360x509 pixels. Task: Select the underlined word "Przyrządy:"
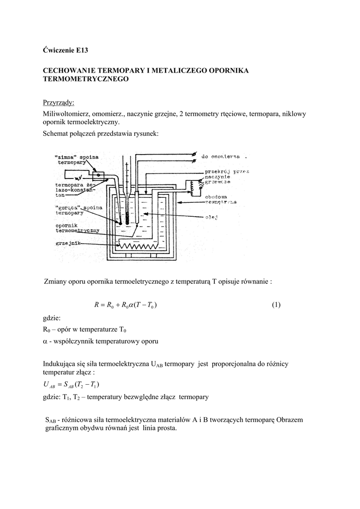click(x=58, y=102)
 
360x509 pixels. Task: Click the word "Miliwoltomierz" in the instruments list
click(x=66, y=114)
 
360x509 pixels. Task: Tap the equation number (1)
click(x=276, y=305)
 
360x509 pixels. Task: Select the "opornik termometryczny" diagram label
click(x=77, y=228)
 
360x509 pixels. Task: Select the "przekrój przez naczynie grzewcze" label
click(x=226, y=176)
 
